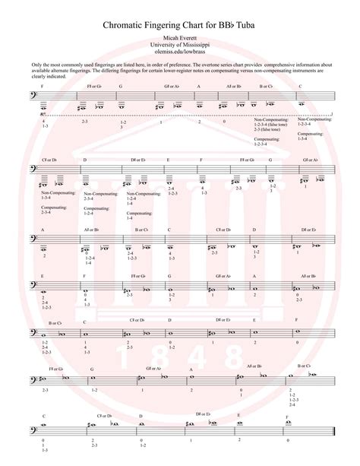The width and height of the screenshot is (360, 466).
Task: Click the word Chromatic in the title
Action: (128, 26)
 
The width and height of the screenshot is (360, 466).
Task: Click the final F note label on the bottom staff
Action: (287, 417)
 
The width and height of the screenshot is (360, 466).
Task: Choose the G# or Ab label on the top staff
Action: (172, 87)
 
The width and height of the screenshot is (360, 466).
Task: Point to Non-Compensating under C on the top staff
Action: (312, 119)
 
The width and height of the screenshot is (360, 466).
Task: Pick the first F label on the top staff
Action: (43, 87)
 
